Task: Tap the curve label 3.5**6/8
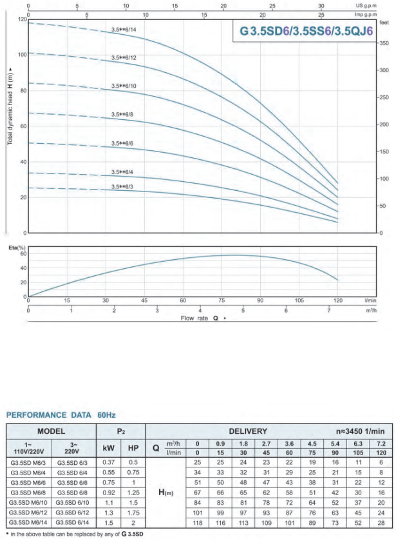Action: (122, 115)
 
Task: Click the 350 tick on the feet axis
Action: (385, 43)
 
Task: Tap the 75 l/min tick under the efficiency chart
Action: (222, 300)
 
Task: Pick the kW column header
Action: (109, 447)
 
